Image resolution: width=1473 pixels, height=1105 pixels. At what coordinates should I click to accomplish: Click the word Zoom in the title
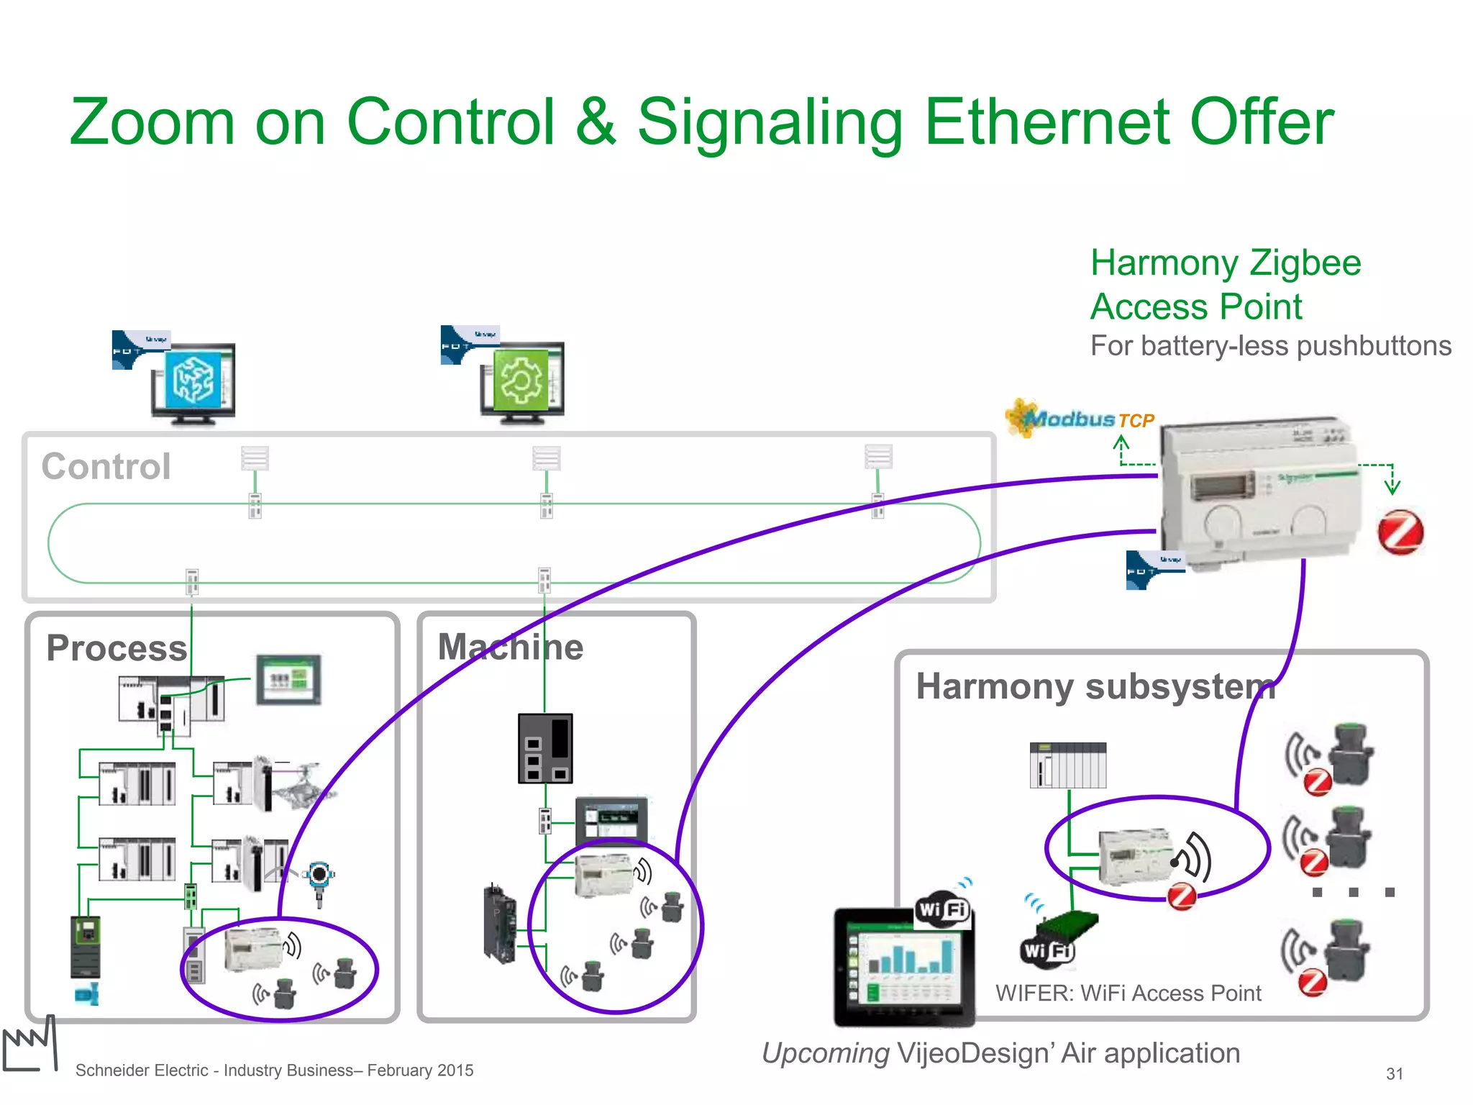pyautogui.click(x=152, y=122)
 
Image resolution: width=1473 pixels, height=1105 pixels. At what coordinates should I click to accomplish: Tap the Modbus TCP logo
pyautogui.click(x=1080, y=419)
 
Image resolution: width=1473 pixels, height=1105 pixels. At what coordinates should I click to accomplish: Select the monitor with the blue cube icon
pyautogui.click(x=192, y=381)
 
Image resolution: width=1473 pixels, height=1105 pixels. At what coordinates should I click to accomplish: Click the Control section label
pyautogui.click(x=106, y=466)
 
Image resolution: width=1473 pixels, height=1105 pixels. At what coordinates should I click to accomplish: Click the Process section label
pyautogui.click(x=117, y=647)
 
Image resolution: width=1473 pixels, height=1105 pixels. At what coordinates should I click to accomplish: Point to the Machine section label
pyautogui.click(x=510, y=646)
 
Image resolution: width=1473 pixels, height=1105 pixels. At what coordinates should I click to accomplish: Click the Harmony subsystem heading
pyautogui.click(x=1095, y=686)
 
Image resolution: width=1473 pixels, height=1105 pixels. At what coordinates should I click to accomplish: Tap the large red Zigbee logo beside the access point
pyautogui.click(x=1400, y=532)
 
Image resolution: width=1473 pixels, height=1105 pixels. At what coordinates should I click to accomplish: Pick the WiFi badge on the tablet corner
pyautogui.click(x=942, y=909)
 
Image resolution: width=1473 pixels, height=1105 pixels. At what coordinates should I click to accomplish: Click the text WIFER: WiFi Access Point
pyautogui.click(x=1127, y=993)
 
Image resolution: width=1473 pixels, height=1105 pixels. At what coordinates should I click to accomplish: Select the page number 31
pyautogui.click(x=1394, y=1073)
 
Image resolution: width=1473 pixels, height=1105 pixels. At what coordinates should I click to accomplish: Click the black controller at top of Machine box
pyautogui.click(x=545, y=748)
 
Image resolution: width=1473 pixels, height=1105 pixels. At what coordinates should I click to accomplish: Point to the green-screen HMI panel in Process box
pyautogui.click(x=288, y=679)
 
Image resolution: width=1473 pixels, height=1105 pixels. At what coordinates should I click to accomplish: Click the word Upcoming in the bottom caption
pyautogui.click(x=825, y=1053)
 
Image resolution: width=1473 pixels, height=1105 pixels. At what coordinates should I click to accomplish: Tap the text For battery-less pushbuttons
pyautogui.click(x=1270, y=346)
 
